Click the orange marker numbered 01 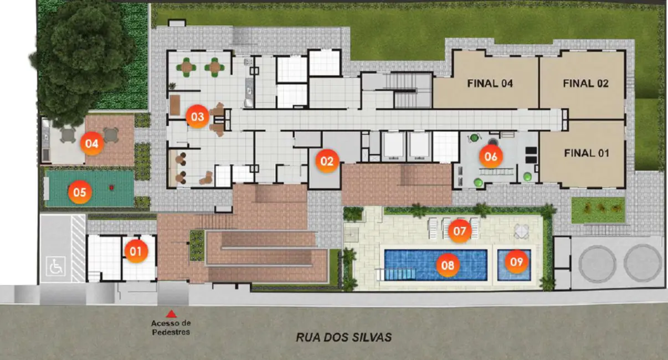pos(136,251)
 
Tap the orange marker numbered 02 pos(327,161)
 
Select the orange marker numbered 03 pos(197,117)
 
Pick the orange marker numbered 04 pos(92,144)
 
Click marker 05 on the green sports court pos(80,192)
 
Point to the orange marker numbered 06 pos(491,156)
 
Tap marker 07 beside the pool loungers pos(460,231)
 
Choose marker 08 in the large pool pos(448,265)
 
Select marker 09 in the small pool pos(516,262)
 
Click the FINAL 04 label pos(490,84)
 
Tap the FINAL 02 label pos(585,84)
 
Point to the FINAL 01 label pos(587,153)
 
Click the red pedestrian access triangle pos(171,314)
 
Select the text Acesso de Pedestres pos(171,327)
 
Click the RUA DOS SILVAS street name pos(344,337)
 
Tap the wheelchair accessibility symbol pos(56,266)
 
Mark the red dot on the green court pos(111,188)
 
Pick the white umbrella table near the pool pos(521,232)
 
